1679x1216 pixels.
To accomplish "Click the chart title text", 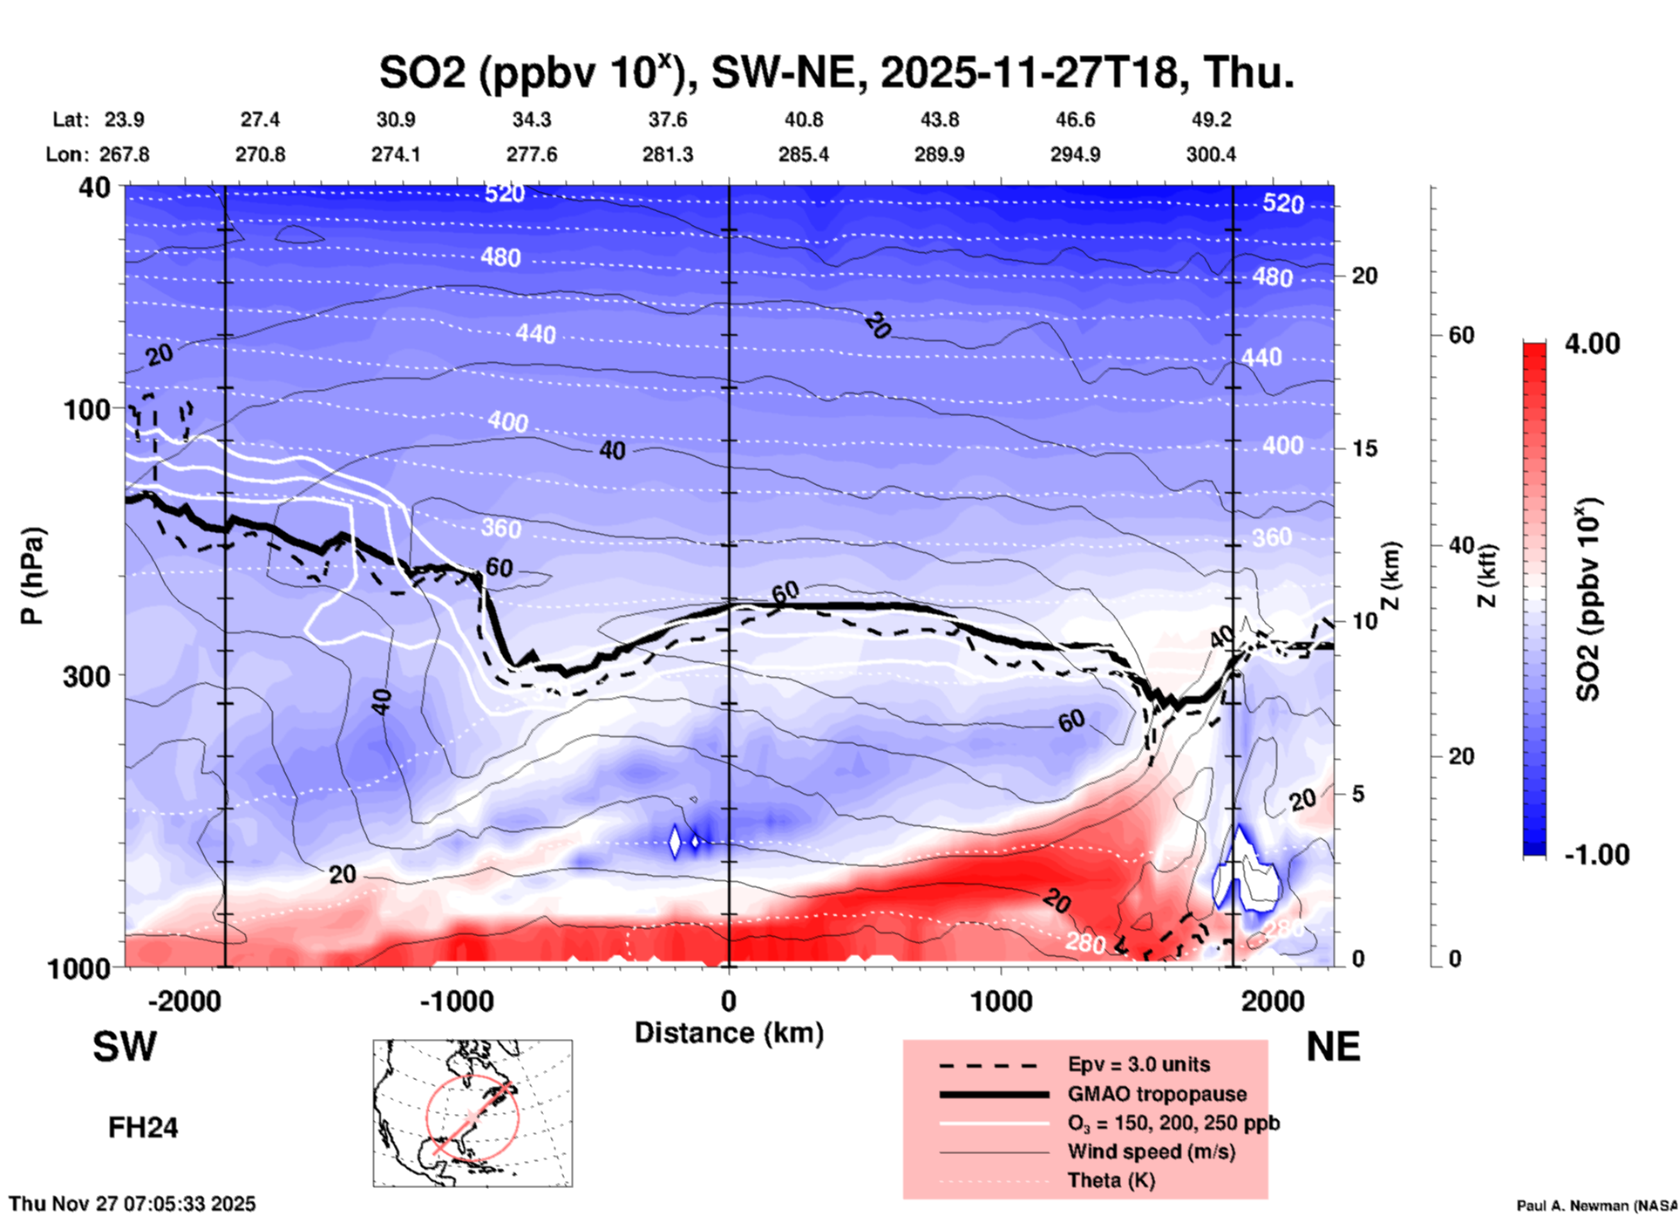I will tap(835, 72).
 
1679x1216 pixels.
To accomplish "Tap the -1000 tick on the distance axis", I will tap(456, 1001).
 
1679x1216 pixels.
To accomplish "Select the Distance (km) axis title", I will tap(729, 1033).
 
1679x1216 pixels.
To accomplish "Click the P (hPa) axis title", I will tap(32, 576).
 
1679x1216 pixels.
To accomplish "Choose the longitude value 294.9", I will tap(1075, 154).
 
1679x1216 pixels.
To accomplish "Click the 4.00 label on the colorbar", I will tap(1592, 344).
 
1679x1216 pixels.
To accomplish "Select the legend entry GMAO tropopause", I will tap(1157, 1094).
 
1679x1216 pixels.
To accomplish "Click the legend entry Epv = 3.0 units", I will tap(1139, 1065).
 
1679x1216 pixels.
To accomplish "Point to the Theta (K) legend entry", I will tap(1111, 1180).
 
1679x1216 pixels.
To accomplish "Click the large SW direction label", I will tap(125, 1047).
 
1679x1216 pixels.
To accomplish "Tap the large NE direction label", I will tap(1333, 1047).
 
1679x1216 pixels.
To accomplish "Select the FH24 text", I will tap(143, 1128).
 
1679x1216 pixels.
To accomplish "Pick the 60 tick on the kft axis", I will tap(1461, 336).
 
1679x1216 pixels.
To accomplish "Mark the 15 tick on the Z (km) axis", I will tap(1364, 448).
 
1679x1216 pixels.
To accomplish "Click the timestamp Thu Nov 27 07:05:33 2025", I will tap(133, 1204).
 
